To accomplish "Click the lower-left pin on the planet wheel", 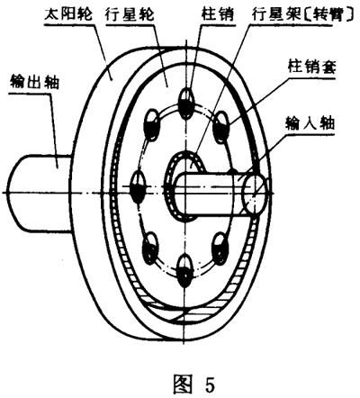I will (x=150, y=244).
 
